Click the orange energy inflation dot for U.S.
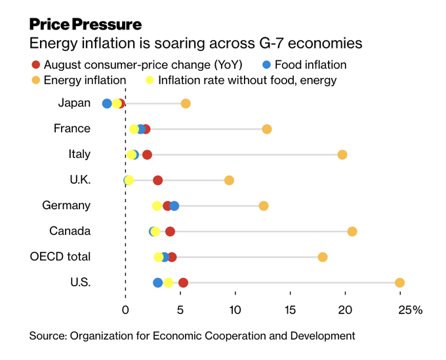(x=399, y=283)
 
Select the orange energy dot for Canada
(x=352, y=231)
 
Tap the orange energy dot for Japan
(x=186, y=104)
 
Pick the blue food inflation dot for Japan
(x=107, y=104)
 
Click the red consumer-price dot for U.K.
(x=157, y=180)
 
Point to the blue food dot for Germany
(x=174, y=206)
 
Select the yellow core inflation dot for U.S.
(x=169, y=283)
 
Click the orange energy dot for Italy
(x=342, y=155)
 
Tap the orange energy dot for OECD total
(x=323, y=257)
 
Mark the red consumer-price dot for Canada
(x=170, y=231)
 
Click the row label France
(x=71, y=129)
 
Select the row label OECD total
(x=60, y=256)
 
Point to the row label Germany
(x=66, y=205)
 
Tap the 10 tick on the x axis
(x=235, y=310)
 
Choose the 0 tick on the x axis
(x=125, y=310)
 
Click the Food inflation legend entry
(x=310, y=64)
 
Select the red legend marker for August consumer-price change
(x=35, y=64)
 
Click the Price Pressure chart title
(x=85, y=25)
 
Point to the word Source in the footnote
(x=47, y=336)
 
